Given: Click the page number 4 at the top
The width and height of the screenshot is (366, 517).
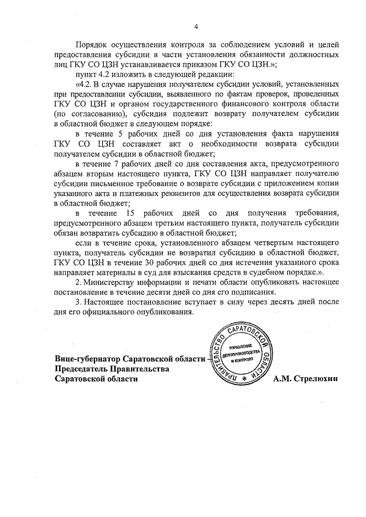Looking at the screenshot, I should click(196, 26).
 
